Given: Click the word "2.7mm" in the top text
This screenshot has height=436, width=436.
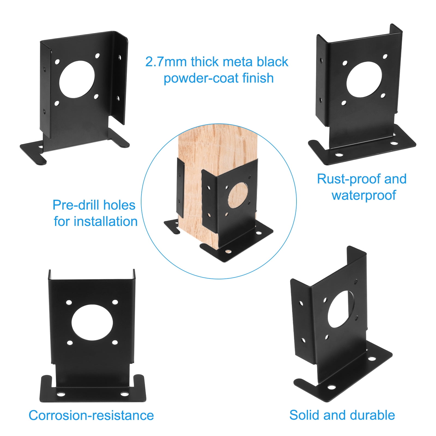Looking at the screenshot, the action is point(166,62).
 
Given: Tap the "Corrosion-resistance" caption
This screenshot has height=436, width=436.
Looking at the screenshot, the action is point(91,416).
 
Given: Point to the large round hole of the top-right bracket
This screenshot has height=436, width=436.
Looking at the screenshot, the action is point(364,79).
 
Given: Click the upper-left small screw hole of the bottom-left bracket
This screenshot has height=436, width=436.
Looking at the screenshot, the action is point(69,302).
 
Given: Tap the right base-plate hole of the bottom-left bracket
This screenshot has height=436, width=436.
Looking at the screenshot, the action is point(125,394).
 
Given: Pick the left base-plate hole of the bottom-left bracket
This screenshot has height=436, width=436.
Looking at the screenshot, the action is point(61,394).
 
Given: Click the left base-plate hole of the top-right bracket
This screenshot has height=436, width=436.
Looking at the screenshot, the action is point(339,155).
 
